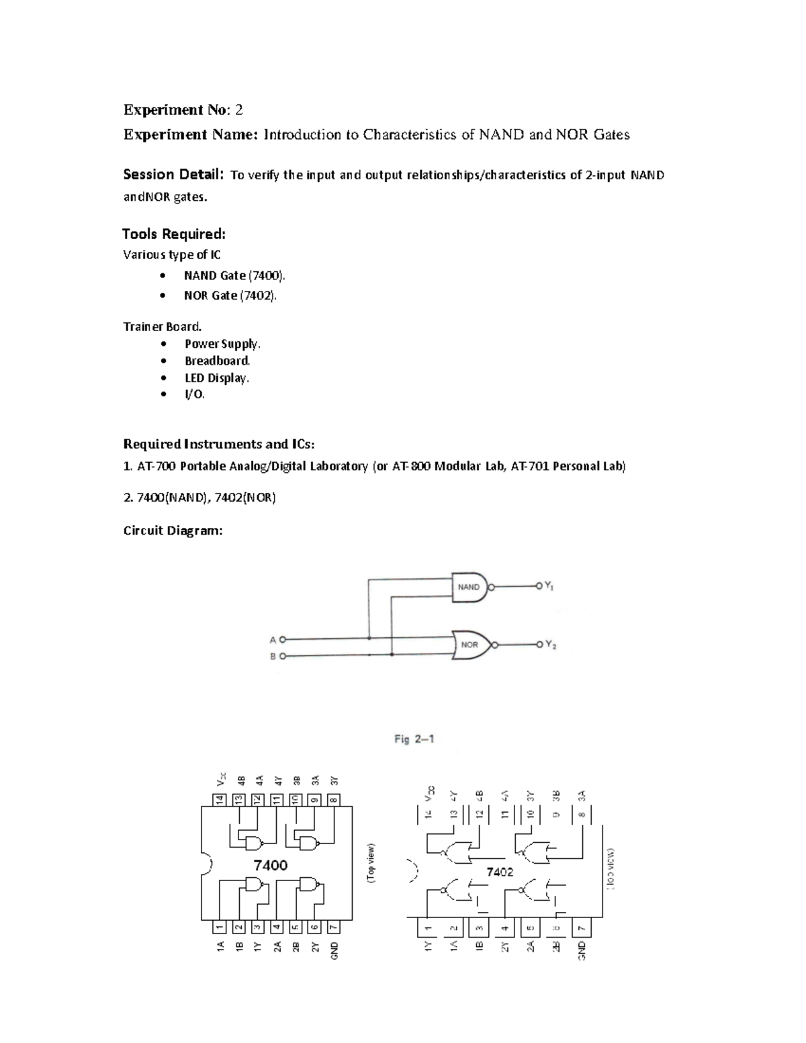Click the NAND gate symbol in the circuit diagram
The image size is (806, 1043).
pos(469,587)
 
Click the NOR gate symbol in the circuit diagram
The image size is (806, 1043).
pos(471,645)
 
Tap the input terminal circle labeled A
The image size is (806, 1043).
pos(283,639)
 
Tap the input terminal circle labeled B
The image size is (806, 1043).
pos(283,656)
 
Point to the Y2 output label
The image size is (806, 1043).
pos(550,645)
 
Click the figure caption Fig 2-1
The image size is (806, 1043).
pos(414,739)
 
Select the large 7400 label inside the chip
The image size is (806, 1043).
pos(271,865)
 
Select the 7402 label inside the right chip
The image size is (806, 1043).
pos(500,872)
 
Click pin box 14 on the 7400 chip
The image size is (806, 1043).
pos(219,800)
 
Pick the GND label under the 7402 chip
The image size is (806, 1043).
pos(582,950)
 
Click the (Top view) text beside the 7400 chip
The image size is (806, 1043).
pos(371,864)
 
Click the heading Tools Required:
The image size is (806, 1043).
pos(174,234)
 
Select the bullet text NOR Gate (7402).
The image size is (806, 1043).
pos(230,295)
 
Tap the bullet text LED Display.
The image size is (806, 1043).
pos(216,377)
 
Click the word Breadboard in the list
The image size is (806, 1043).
pos(217,361)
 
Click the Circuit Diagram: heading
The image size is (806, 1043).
pos(173,531)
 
